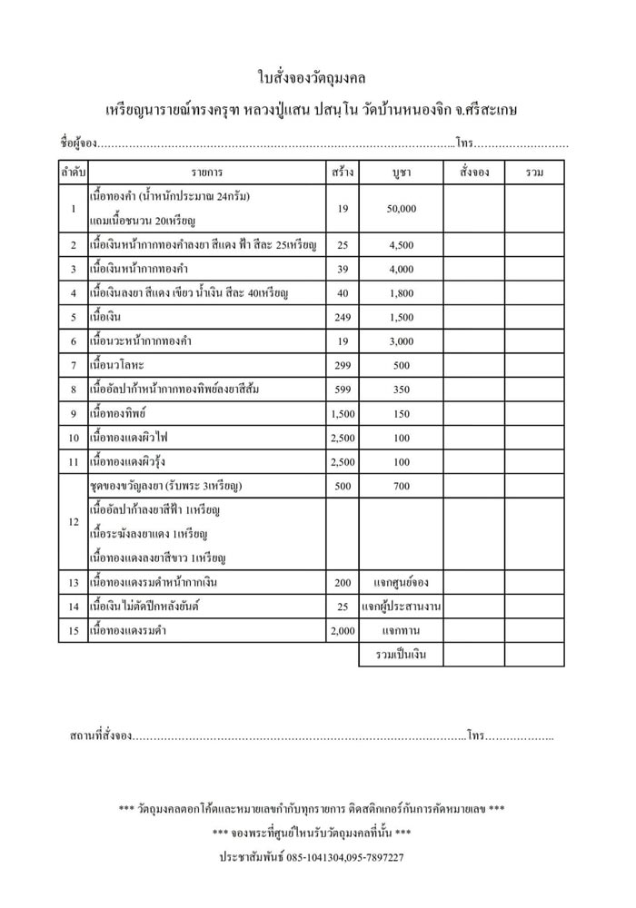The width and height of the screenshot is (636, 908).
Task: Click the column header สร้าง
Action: click(343, 172)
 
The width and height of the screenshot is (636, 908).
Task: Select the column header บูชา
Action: click(401, 172)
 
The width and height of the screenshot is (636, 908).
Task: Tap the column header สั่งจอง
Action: click(473, 172)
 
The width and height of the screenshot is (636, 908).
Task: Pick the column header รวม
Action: click(534, 172)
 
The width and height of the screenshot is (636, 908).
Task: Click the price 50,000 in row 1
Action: click(401, 209)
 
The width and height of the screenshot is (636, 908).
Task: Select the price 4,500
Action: click(401, 245)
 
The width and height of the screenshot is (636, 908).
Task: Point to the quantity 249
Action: click(343, 317)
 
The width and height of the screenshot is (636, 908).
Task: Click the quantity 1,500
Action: click(343, 413)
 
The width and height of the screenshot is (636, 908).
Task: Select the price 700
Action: click(401, 486)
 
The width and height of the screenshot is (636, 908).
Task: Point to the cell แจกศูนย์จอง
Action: click(401, 582)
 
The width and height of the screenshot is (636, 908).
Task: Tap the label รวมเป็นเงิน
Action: click(401, 654)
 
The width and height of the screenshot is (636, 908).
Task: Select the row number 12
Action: click(73, 522)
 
